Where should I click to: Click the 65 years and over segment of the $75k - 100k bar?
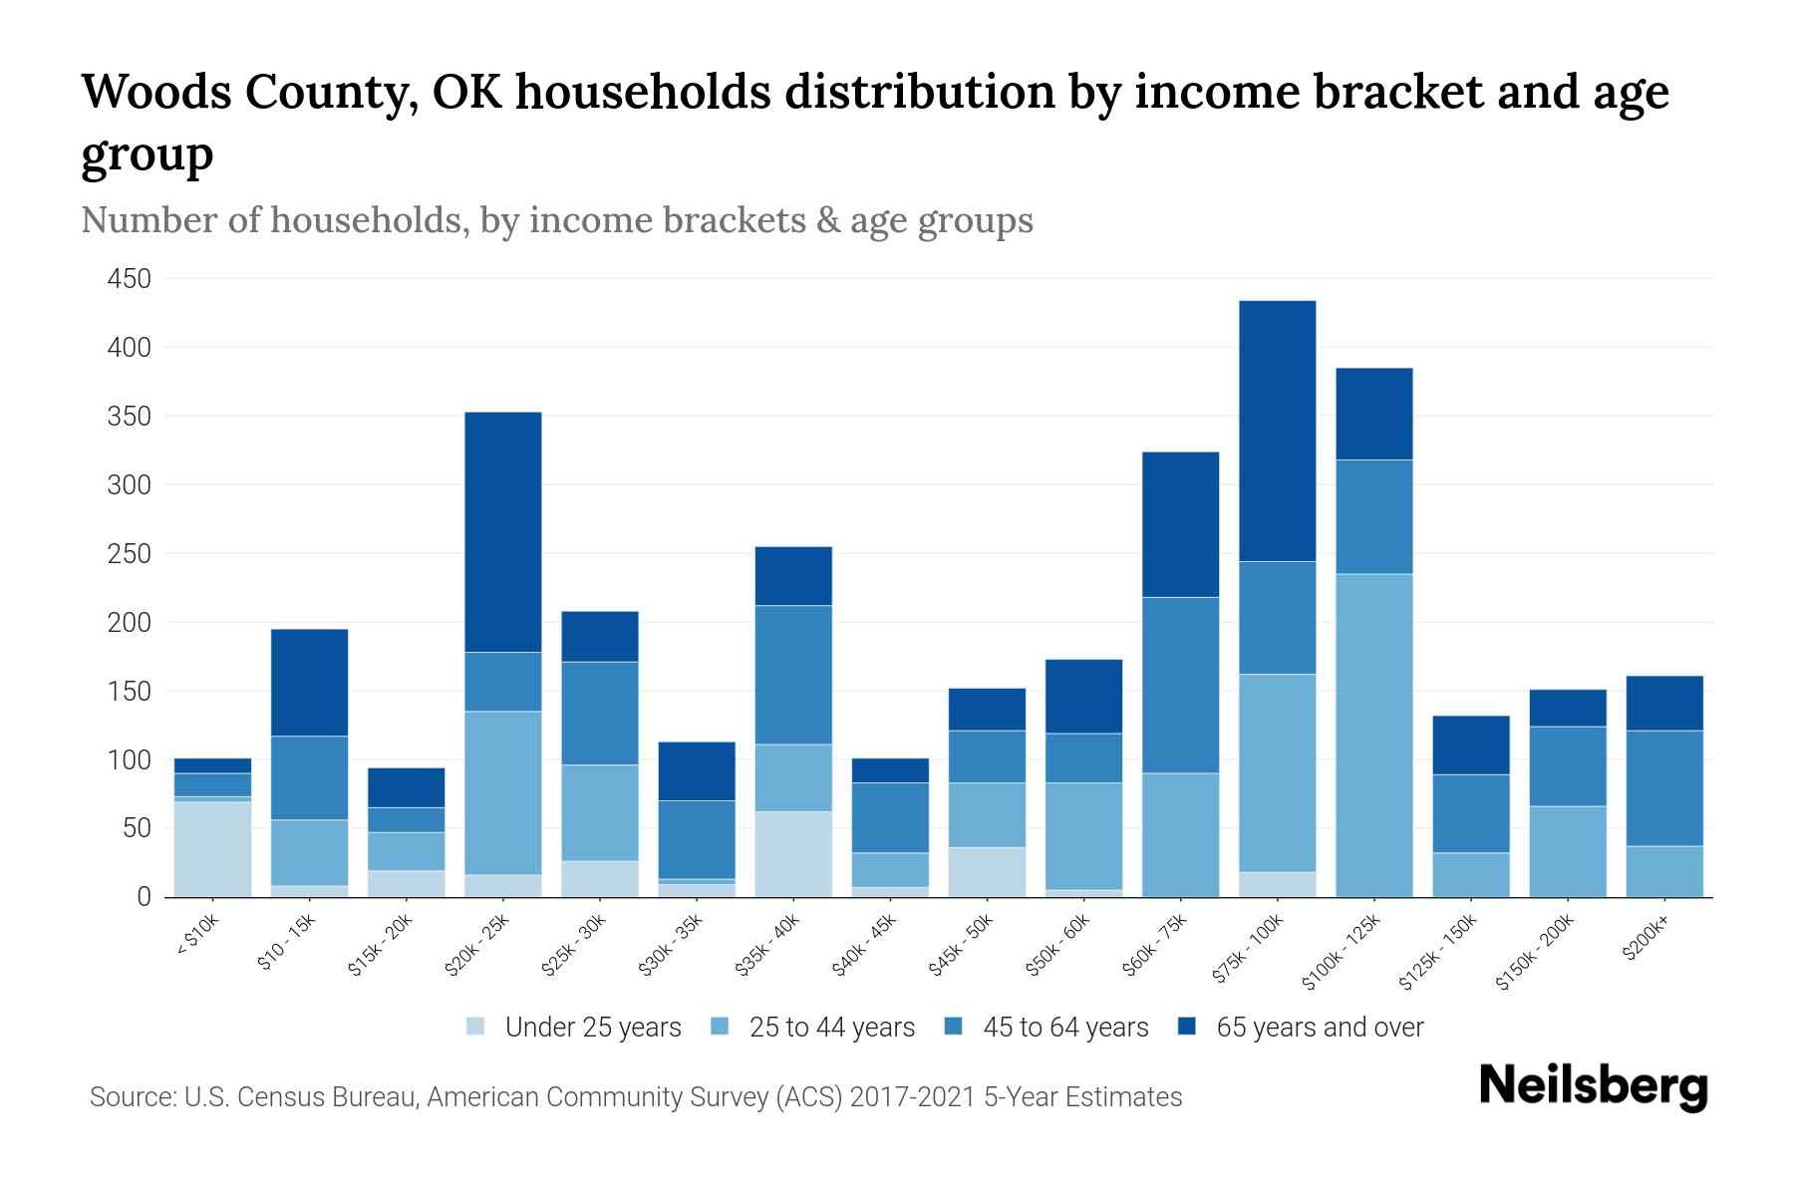[x=1277, y=431]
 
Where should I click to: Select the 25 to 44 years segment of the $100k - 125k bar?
[x=1373, y=735]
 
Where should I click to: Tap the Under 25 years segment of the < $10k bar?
[x=212, y=848]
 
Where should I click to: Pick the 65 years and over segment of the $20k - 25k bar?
[x=502, y=531]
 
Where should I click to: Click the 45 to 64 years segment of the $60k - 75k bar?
[x=1180, y=685]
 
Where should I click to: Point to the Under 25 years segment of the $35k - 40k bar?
[x=793, y=853]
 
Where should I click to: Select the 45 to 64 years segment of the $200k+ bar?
[x=1663, y=787]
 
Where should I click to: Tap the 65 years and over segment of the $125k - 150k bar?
[x=1470, y=745]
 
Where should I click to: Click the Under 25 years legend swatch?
[x=476, y=1027]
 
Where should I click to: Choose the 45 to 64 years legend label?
[x=1064, y=1028]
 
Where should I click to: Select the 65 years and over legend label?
[x=1319, y=1028]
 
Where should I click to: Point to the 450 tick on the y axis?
[x=130, y=279]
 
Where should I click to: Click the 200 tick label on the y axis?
[x=130, y=623]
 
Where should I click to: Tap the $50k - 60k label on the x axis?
[x=1059, y=944]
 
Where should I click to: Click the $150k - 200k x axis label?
[x=1536, y=951]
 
